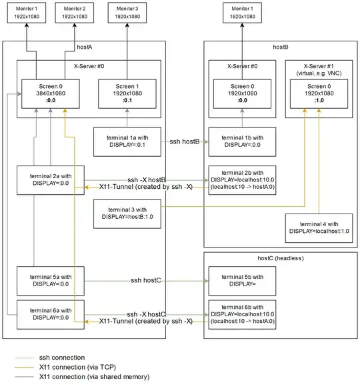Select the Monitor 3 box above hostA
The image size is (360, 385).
pyautogui.click(x=126, y=11)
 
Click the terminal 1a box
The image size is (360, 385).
pyautogui.click(x=126, y=141)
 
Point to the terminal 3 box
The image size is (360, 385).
pyautogui.click(x=126, y=216)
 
